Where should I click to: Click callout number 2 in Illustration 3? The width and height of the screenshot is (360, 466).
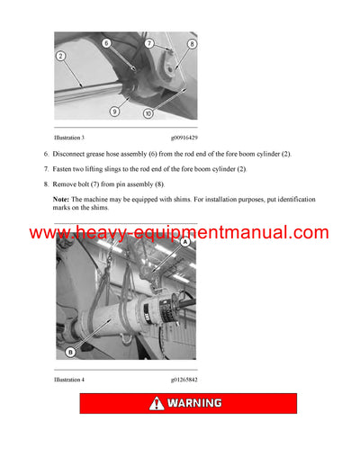coord(60,56)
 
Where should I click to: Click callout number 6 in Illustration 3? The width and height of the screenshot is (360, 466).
coord(106,42)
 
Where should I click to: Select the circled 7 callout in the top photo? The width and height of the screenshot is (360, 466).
coord(149,43)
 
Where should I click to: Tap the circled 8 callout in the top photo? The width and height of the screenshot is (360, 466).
coord(192,43)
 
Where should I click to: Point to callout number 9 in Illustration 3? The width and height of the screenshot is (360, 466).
coord(114,111)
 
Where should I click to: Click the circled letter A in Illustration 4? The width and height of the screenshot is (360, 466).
coord(185,242)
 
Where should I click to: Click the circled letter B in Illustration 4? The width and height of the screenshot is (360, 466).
coord(72,353)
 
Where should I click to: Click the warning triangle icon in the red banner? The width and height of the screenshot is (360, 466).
coord(157,403)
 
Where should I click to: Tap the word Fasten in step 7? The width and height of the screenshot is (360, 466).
coord(66,168)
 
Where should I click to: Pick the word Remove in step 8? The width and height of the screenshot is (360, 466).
coord(67,183)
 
